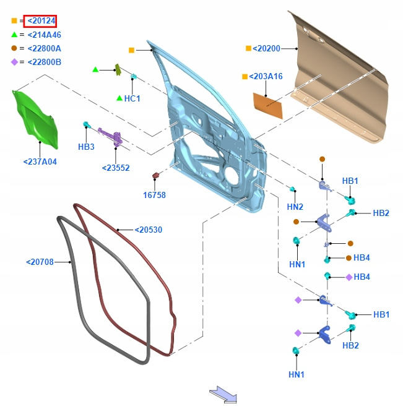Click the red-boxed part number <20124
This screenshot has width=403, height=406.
tap(41, 21)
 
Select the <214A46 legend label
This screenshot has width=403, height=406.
tap(43, 35)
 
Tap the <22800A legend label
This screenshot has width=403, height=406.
tap(43, 48)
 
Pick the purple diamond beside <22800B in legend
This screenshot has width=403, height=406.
tap(14, 62)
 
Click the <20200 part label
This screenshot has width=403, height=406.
tap(267, 48)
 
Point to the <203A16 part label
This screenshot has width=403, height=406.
tap(266, 77)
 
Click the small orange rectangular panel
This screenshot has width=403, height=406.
tap(268, 104)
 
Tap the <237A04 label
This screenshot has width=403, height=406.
tap(40, 162)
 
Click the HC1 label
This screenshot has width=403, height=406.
tap(132, 98)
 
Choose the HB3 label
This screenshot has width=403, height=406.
tap(86, 147)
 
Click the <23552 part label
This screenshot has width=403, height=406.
tap(116, 168)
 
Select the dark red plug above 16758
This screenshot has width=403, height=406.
tap(157, 176)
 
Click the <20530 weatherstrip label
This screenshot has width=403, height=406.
tap(149, 230)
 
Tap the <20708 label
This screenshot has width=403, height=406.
tap(40, 262)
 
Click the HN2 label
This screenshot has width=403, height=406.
tap(295, 207)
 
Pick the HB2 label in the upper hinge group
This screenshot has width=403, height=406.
tap(381, 213)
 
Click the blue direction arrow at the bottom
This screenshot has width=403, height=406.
tap(223, 394)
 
